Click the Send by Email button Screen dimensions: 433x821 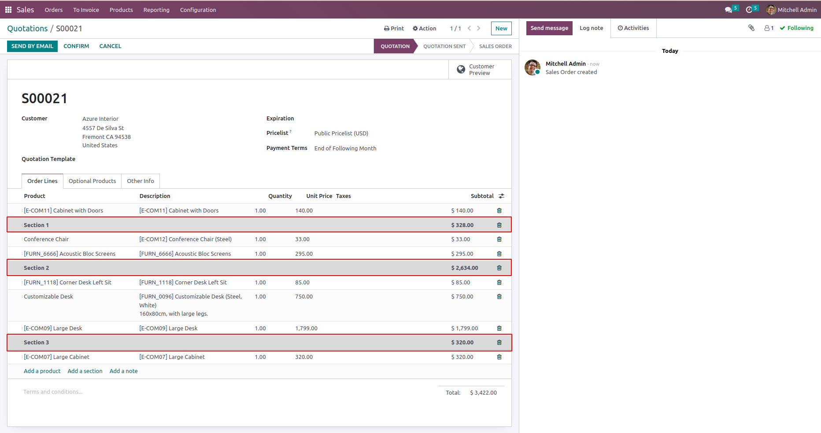point(32,46)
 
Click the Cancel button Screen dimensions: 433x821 point(110,46)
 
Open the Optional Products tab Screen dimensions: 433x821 point(92,181)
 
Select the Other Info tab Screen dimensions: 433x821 point(141,181)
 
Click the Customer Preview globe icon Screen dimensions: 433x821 point(461,70)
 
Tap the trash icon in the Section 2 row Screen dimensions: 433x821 point(499,268)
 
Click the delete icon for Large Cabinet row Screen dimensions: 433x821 point(499,357)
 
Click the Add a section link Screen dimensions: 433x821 point(85,371)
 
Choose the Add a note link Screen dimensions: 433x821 point(123,371)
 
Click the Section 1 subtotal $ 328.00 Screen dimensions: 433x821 point(462,225)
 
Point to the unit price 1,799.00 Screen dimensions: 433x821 point(306,328)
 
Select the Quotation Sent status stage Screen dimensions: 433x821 point(444,46)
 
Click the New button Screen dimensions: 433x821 point(501,29)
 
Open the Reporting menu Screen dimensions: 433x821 point(156,10)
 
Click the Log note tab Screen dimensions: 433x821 point(591,28)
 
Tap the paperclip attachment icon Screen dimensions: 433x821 point(751,28)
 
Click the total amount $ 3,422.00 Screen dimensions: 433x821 point(483,393)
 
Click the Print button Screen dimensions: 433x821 point(394,29)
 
